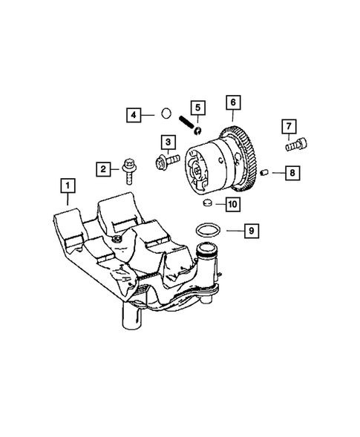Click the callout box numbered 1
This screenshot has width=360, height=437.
[x=68, y=185]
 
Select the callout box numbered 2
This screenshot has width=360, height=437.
[x=103, y=169]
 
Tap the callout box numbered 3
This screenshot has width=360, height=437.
[x=168, y=142]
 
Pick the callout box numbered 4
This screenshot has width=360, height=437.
[x=134, y=115]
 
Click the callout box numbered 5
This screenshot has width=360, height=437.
[x=198, y=108]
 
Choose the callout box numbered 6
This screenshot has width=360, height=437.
[x=233, y=102]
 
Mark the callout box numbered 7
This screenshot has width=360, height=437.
[x=289, y=127]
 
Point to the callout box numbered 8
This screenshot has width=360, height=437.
[x=292, y=173]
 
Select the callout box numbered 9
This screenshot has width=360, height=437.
[x=252, y=231]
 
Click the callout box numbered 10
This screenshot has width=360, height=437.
[x=233, y=204]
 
